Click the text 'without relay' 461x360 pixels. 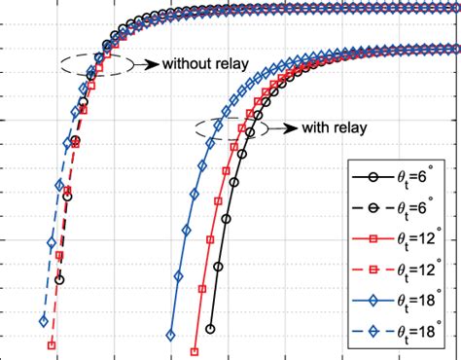coord(205,65)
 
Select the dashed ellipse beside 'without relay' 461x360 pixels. coord(94,65)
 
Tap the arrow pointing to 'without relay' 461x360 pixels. coord(146,65)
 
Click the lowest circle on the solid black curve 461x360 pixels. coord(210,330)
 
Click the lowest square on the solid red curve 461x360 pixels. coord(195,352)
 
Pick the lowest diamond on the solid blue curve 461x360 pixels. coord(170,336)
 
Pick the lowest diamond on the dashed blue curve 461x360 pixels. coord(43,321)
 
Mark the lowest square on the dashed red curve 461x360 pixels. coord(52,344)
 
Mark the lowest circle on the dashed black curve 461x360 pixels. coord(60,279)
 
